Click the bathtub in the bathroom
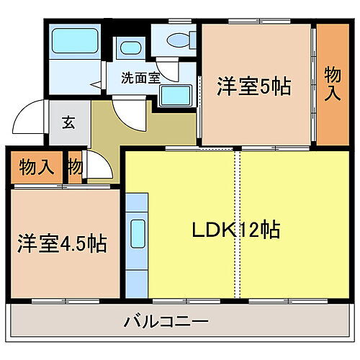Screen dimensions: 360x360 click(75, 42)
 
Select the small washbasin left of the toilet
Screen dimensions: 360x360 click(130, 49)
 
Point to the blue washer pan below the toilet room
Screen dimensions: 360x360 click(174, 95)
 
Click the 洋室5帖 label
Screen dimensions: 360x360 click(253, 87)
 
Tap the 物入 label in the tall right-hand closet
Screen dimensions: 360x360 click(332, 84)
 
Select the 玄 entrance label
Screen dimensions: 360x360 click(68, 122)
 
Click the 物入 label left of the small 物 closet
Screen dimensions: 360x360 click(36, 168)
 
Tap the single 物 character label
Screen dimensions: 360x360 click(75, 168)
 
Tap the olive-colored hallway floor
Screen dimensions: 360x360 click(108, 133)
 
